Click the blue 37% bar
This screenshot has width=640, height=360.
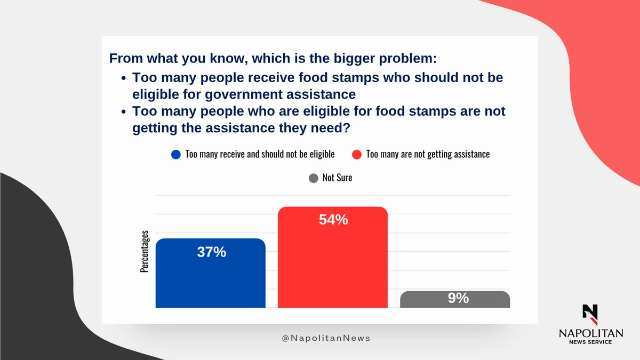(x=211, y=273)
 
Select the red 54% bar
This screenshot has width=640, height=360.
(x=333, y=257)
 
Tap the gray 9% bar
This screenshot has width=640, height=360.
(x=455, y=299)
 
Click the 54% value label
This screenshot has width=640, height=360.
(x=333, y=220)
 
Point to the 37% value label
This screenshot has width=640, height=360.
(x=211, y=252)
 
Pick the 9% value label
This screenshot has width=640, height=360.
(x=458, y=298)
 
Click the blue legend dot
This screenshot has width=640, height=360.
(x=176, y=155)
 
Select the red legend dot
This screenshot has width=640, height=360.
(x=357, y=155)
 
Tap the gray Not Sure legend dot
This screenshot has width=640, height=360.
(x=314, y=178)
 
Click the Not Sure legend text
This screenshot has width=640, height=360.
(x=337, y=178)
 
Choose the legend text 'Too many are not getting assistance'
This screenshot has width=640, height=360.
(x=428, y=154)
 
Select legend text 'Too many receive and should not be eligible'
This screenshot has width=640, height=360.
(x=260, y=154)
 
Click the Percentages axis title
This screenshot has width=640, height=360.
(x=145, y=251)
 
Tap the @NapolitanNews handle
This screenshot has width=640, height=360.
(x=326, y=338)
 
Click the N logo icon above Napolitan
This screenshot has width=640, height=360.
(x=590, y=315)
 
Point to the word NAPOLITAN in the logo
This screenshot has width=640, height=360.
(x=591, y=333)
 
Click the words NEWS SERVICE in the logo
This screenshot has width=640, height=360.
(x=590, y=342)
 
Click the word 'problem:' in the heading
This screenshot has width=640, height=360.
(x=407, y=59)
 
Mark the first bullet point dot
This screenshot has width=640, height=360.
(x=123, y=78)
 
